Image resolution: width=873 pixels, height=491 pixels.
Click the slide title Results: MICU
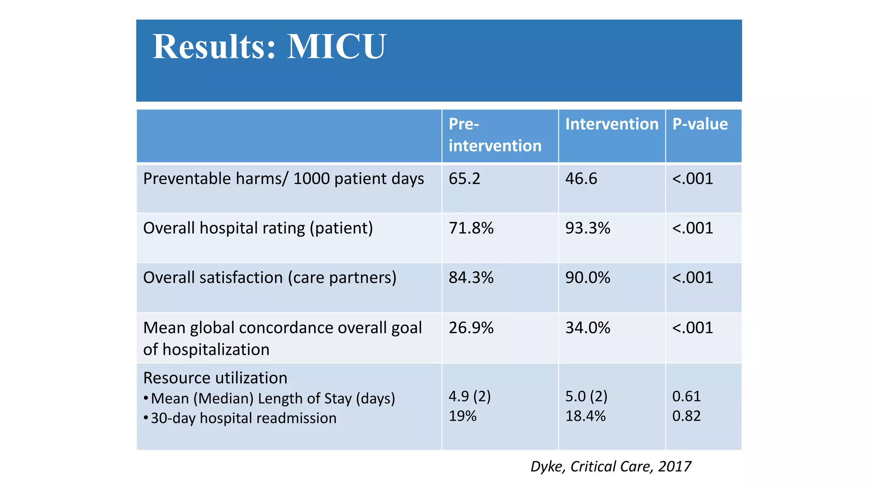click(269, 46)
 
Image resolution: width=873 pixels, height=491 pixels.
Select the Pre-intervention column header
click(494, 135)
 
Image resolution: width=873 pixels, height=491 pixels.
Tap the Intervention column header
click(611, 124)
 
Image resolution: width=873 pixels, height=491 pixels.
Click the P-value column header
click(700, 124)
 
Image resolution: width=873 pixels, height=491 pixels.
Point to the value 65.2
click(464, 179)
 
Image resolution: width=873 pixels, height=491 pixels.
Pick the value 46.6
click(581, 179)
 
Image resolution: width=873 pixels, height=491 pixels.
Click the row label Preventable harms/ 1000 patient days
click(283, 179)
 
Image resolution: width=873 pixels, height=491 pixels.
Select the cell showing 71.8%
click(471, 228)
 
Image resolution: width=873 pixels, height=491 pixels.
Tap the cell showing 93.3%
click(587, 228)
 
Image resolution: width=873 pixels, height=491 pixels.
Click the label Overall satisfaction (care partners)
click(269, 277)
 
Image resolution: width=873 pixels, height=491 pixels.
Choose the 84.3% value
click(471, 277)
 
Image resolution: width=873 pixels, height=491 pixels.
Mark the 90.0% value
click(587, 277)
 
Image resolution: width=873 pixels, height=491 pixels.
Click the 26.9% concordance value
click(471, 328)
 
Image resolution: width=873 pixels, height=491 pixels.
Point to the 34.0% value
click(587, 328)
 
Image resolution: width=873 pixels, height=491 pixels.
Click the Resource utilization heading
click(215, 378)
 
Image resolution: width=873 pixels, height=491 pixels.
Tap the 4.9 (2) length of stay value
click(469, 396)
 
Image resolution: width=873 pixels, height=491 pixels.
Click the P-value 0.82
click(686, 416)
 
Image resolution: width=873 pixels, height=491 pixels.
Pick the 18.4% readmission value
click(585, 416)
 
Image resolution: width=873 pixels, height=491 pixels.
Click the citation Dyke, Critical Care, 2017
click(610, 466)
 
